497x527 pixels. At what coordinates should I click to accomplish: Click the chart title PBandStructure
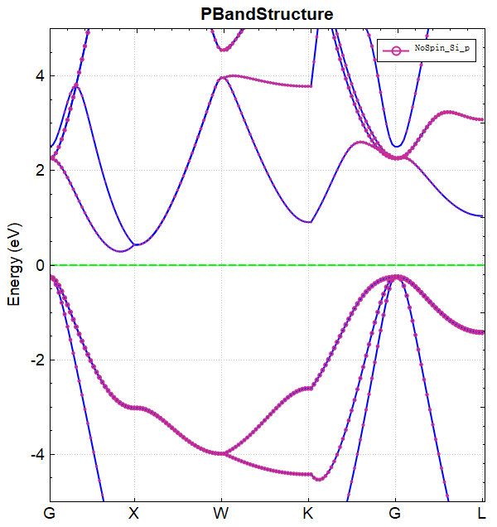(x=268, y=14)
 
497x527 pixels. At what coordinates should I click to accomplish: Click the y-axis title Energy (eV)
(x=14, y=264)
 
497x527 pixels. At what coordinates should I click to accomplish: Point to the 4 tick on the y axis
(x=38, y=76)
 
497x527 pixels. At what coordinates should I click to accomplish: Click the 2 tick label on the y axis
(x=38, y=171)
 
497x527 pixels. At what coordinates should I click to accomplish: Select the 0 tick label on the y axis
(x=38, y=265)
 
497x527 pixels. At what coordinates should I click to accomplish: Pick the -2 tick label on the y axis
(x=36, y=360)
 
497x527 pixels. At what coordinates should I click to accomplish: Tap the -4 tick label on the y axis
(x=36, y=454)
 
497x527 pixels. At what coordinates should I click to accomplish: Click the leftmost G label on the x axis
(x=51, y=513)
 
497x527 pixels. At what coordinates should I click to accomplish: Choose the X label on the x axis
(x=133, y=513)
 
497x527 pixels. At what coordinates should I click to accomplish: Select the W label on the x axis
(x=221, y=513)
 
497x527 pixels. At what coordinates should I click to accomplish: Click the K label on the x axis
(x=309, y=513)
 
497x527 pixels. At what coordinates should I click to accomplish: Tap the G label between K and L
(x=395, y=513)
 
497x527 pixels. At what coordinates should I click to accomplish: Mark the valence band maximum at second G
(x=396, y=277)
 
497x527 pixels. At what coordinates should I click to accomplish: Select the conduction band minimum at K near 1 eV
(x=310, y=222)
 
